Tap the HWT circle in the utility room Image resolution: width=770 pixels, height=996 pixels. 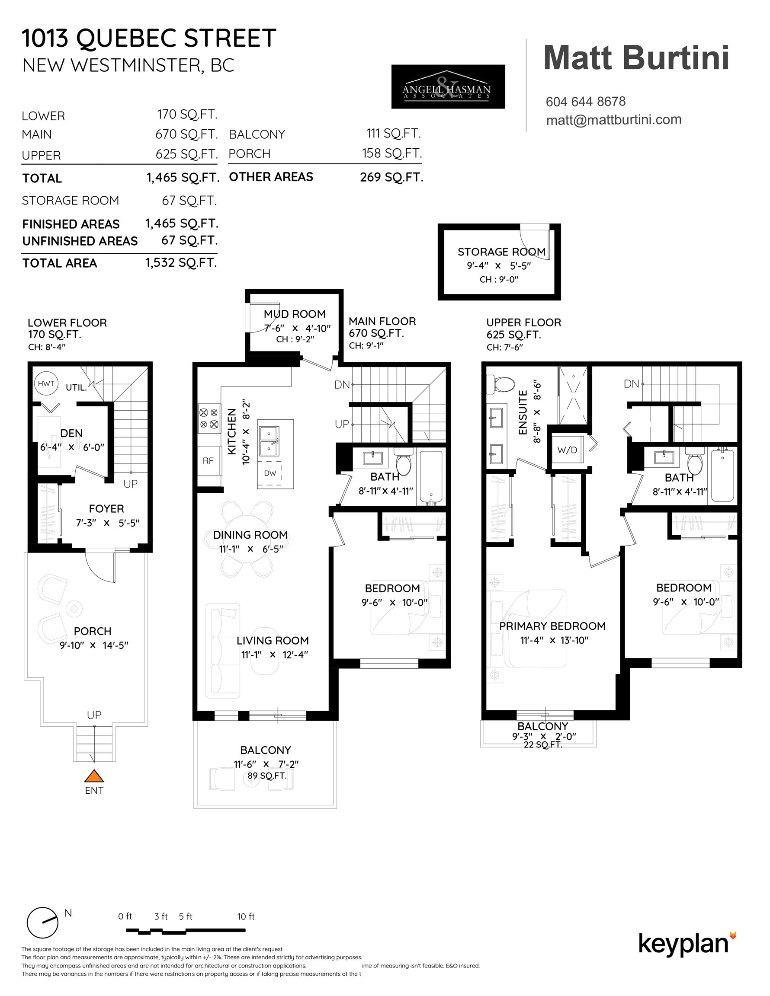pyautogui.click(x=46, y=383)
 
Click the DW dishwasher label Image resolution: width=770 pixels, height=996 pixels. pyautogui.click(x=270, y=473)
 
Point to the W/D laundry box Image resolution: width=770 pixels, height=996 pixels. pyautogui.click(x=568, y=450)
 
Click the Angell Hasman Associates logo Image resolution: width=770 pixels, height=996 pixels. pyautogui.click(x=448, y=86)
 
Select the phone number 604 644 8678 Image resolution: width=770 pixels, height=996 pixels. pyautogui.click(x=586, y=101)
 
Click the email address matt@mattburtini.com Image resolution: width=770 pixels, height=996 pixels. pyautogui.click(x=614, y=120)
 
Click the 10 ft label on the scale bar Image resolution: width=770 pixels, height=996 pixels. pyautogui.click(x=246, y=916)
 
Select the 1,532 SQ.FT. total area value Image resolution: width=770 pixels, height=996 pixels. pyautogui.click(x=181, y=263)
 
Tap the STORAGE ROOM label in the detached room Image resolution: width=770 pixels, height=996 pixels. pyautogui.click(x=502, y=252)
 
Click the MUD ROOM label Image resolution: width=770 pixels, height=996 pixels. pyautogui.click(x=295, y=314)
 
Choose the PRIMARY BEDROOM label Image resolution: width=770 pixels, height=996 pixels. pyautogui.click(x=552, y=626)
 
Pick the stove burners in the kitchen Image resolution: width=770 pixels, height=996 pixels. pyautogui.click(x=208, y=418)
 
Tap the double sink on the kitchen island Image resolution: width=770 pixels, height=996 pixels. pyautogui.click(x=269, y=441)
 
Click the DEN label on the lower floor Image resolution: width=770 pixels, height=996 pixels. pyautogui.click(x=72, y=433)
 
